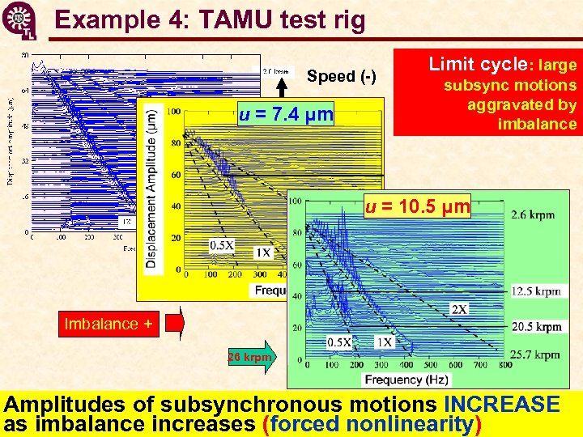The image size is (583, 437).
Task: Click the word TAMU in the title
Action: tap(250, 19)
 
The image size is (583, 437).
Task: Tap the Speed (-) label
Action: tap(341, 77)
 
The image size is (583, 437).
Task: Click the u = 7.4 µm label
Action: tap(287, 115)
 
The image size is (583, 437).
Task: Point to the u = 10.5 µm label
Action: tap(418, 206)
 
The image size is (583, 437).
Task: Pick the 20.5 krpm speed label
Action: tap(537, 327)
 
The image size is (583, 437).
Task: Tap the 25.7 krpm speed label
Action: tap(536, 354)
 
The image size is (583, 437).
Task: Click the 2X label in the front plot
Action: tap(458, 309)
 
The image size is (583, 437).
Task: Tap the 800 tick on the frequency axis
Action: tap(506, 366)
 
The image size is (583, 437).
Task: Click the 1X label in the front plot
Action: tap(384, 342)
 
